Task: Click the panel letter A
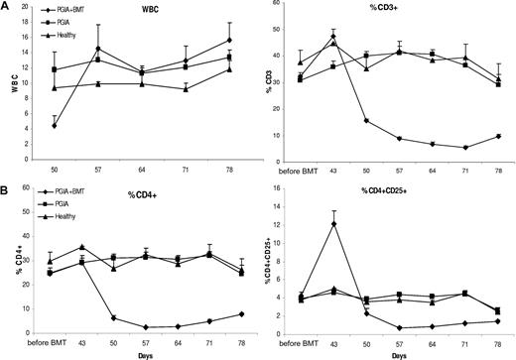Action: coord(6,7)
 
